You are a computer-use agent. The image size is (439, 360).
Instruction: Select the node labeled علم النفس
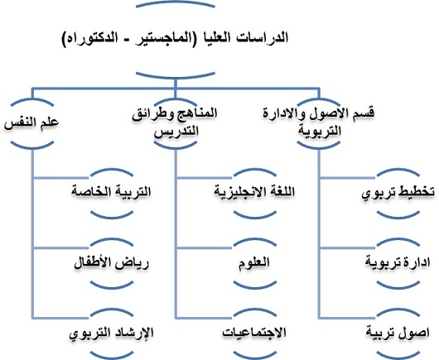[31, 122]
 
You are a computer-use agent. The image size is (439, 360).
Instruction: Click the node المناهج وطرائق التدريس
[176, 122]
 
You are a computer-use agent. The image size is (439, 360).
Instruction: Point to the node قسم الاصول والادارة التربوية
[319, 122]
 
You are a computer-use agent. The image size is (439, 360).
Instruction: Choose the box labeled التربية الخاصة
[112, 192]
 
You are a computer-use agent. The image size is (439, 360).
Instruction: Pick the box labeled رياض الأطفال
[112, 263]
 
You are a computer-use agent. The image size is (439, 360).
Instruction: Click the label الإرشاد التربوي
[112, 334]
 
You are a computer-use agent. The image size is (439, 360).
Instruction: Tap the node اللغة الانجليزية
[255, 192]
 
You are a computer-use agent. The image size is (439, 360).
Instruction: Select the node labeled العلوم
[255, 262]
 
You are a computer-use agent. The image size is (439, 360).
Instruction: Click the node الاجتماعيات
[255, 333]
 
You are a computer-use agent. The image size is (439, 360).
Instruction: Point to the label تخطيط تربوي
[398, 192]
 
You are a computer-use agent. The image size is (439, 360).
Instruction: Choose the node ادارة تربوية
[398, 262]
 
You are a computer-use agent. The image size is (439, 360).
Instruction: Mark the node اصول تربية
[398, 333]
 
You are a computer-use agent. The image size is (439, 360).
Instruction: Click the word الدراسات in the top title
[263, 38]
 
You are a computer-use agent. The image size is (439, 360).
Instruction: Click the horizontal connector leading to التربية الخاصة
[61, 177]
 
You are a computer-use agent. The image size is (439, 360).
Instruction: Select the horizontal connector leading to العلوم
[205, 247]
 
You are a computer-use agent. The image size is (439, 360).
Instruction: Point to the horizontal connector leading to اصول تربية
[348, 318]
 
